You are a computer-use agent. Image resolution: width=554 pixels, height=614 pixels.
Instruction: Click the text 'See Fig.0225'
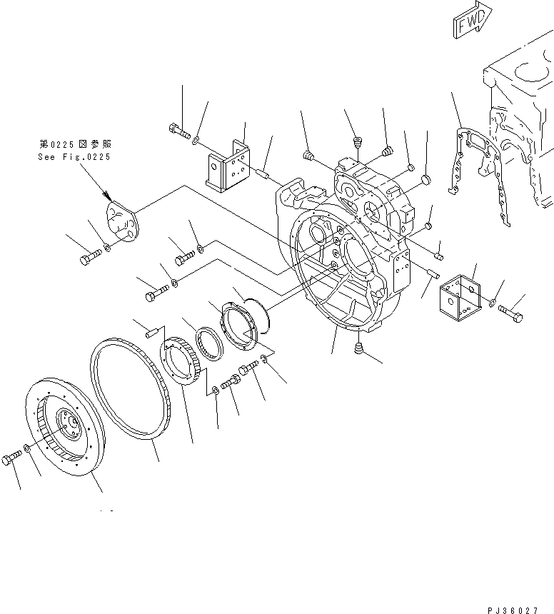[74, 157]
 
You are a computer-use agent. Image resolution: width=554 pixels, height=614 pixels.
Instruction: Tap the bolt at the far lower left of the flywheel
[11, 460]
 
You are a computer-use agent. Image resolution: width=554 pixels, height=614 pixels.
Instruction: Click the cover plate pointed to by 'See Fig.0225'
[122, 222]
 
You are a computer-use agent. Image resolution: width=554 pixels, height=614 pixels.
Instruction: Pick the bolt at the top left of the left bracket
[179, 131]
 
